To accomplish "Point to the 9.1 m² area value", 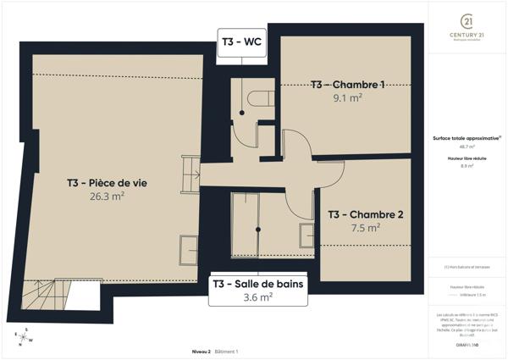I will pos(347,97).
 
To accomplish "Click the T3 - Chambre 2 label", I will pos(367,214).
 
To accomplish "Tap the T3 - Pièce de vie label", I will pos(108,182).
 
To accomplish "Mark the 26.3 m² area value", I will pos(108,196).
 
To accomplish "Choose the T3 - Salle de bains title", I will pos(257,284).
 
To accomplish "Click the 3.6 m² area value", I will pos(257,297).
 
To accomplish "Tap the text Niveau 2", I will pos(201,351).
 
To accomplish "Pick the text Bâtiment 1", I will pos(226,351).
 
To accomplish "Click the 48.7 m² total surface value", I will pos(466,147).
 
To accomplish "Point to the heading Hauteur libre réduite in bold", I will pos(466,158).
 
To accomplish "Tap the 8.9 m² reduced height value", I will pos(466,166).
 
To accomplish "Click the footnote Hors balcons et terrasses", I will pos(466,267).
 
